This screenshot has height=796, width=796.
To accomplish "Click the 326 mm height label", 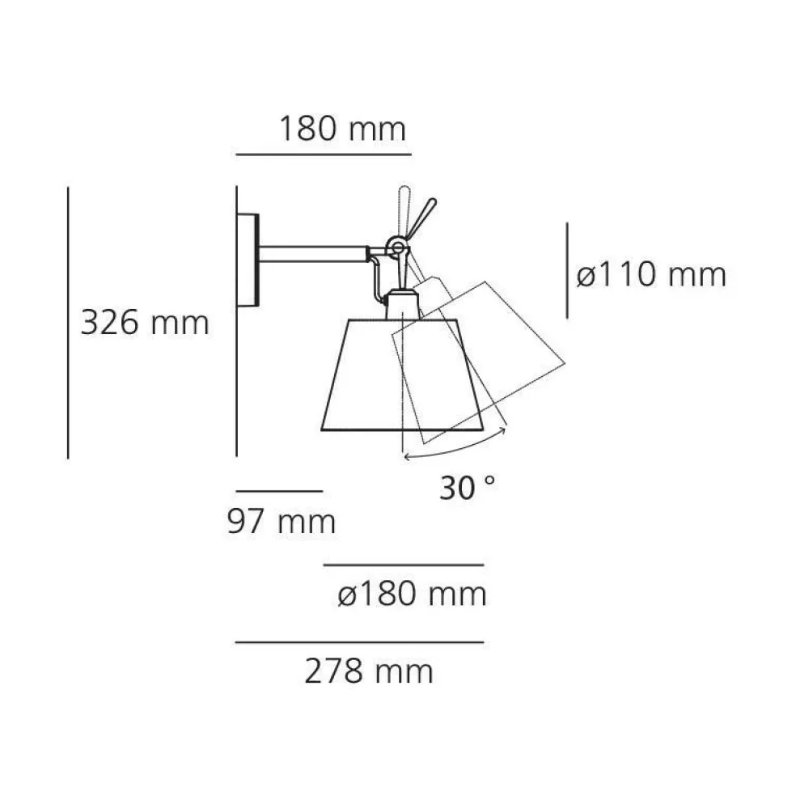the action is pos(145,322).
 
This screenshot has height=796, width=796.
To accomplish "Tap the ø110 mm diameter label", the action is pos(651,275).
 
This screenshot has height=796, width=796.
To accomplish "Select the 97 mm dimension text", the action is pos(282,521).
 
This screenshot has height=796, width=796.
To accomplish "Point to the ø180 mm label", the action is pos(413,593).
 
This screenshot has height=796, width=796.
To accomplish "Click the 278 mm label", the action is pos(369,671).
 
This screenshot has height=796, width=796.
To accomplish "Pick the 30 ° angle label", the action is pos(467,488).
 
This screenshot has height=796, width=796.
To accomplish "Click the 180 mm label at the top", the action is pos(343,129).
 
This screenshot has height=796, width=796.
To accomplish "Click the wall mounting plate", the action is pos(248,260).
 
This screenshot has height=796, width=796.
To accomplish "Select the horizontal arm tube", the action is pos(313,254).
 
